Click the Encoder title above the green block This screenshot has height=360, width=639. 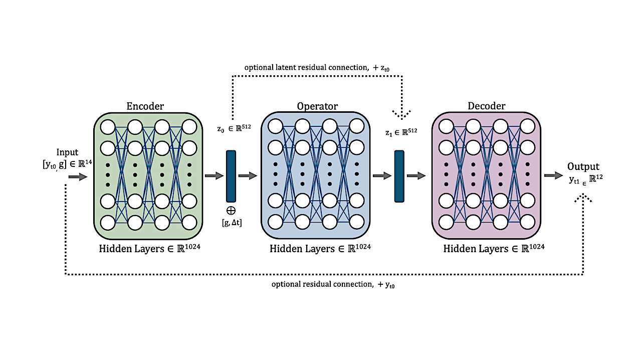145,106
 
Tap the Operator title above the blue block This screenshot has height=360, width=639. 317,106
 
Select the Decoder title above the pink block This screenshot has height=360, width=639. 486,106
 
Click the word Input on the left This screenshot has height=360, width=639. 67,152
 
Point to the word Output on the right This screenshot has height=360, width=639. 583,166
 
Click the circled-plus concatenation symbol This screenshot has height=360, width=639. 231,211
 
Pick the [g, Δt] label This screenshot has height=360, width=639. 232,223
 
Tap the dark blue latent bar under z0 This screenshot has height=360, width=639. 231,176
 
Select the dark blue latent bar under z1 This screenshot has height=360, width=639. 399,176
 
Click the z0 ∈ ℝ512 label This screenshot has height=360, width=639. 234,128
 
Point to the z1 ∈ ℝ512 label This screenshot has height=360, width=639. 401,132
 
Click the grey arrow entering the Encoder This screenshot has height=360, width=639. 78,177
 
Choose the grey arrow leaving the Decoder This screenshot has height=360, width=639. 553,175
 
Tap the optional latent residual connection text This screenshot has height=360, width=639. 317,68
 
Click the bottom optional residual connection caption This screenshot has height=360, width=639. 333,284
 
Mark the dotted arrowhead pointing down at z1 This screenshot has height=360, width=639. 401,115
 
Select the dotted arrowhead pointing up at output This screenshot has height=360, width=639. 583,198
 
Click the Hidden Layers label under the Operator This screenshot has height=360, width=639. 320,248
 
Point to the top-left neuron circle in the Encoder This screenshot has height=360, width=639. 108,127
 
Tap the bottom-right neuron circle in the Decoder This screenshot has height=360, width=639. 527,222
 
